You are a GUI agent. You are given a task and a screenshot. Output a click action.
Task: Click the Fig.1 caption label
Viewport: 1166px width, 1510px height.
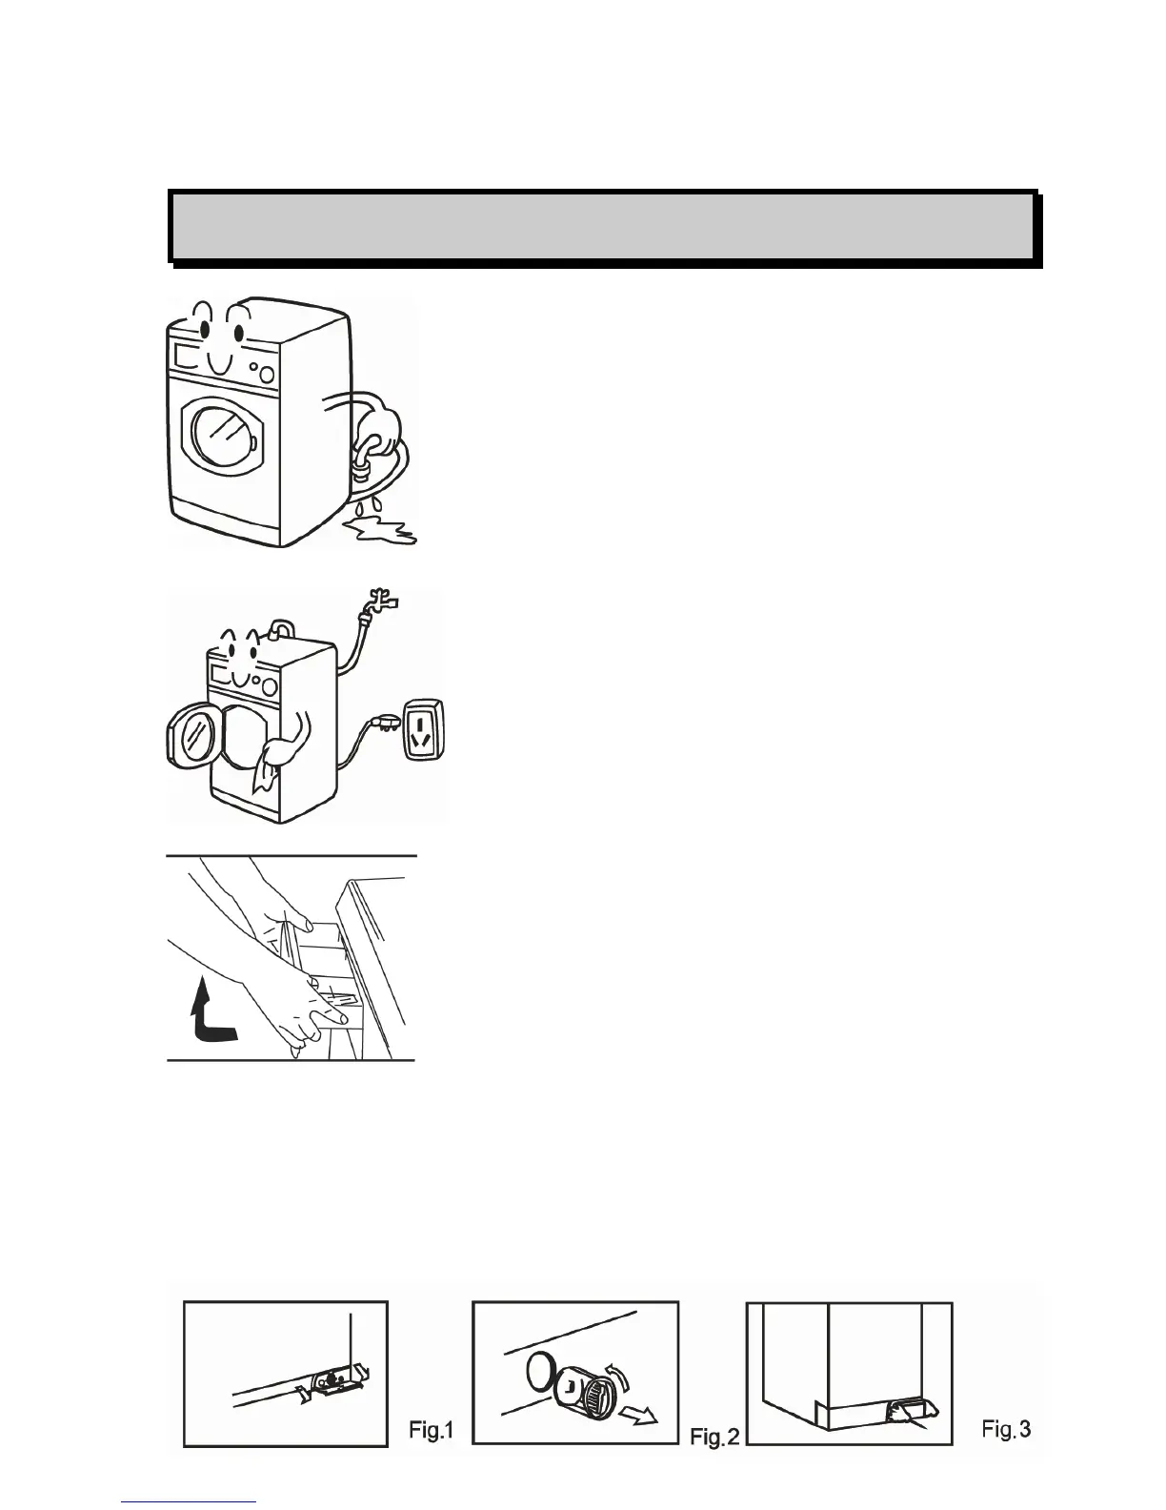tap(431, 1430)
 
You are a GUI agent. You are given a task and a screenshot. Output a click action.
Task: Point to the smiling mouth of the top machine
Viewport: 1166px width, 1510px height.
tap(219, 363)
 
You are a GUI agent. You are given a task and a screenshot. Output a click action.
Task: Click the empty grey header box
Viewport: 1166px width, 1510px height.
tap(602, 227)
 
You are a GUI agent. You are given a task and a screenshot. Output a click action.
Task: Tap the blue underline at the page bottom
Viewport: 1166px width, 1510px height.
tap(190, 1502)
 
